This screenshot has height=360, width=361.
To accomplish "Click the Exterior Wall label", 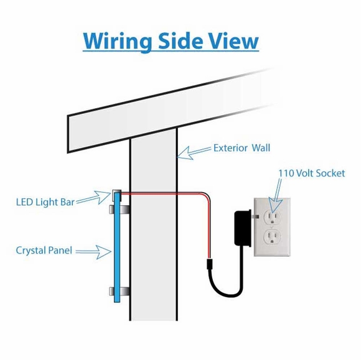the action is tap(241, 148).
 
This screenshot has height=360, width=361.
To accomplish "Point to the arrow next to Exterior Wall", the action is tap(195, 152).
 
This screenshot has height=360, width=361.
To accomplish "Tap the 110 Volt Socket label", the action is tap(312, 173).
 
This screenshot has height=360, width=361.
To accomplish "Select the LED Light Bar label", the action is tap(45, 202).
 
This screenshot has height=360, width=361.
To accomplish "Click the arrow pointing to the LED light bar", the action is tap(94, 197).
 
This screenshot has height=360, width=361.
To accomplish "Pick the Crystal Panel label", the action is tap(44, 251).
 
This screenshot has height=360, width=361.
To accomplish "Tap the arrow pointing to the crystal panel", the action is tap(93, 252).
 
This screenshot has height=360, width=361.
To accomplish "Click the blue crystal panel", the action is tap(117, 247).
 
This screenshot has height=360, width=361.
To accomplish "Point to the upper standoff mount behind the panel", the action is tap(120, 209).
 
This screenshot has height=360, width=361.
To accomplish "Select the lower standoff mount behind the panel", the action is tap(120, 291).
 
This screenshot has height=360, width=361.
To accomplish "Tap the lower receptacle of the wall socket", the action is tap(272, 237).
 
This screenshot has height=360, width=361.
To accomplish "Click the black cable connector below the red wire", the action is tap(209, 264).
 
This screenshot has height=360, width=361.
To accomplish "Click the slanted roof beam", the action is tap(171, 111).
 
